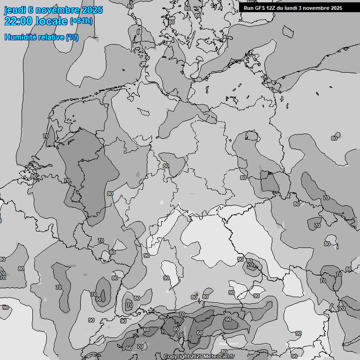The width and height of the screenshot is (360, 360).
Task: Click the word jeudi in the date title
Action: (x=15, y=10)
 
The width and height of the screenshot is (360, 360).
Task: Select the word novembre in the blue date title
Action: (x=56, y=10)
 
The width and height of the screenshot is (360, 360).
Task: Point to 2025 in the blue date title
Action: (x=92, y=10)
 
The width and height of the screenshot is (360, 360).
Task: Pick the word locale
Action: (x=52, y=21)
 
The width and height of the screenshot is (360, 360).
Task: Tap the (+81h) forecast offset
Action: (x=81, y=21)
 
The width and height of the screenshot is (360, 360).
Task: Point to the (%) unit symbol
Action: (x=72, y=37)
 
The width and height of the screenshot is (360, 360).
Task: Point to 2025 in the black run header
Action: (x=337, y=8)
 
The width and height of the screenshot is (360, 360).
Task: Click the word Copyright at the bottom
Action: (x=177, y=357)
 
